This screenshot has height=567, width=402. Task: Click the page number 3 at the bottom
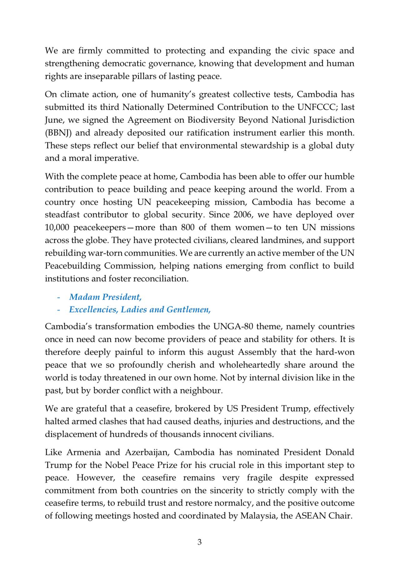tap(199, 542)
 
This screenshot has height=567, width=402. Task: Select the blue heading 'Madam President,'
tap(105, 297)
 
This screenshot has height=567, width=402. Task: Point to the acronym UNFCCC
tap(317, 107)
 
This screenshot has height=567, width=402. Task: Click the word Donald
tap(340, 452)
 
